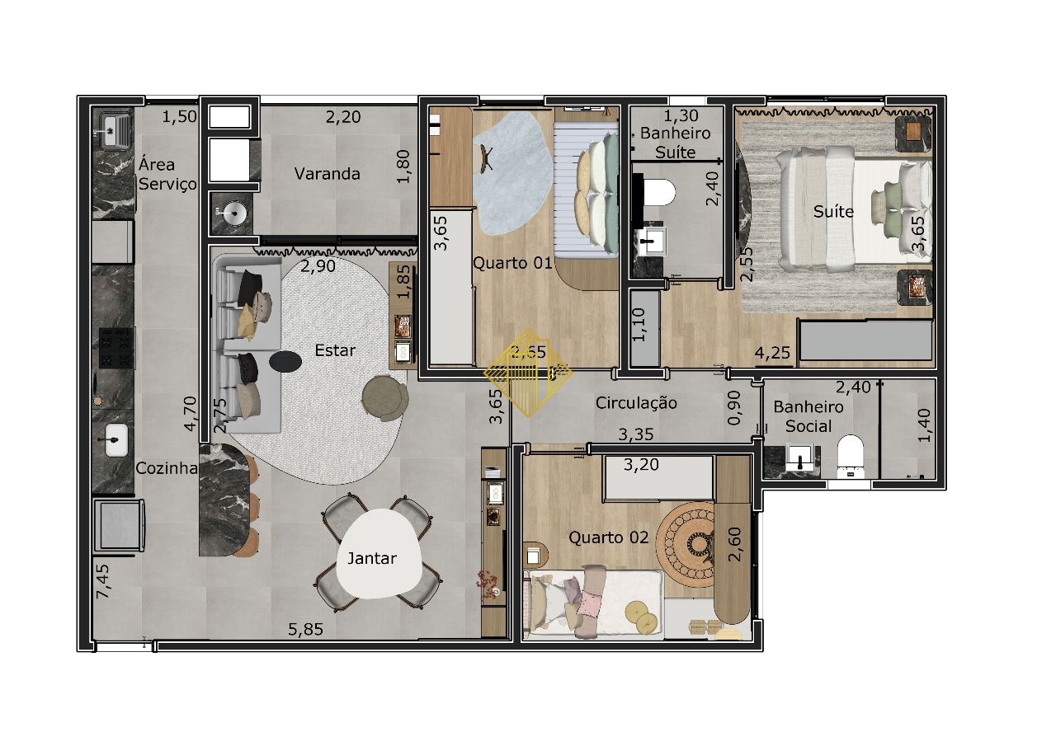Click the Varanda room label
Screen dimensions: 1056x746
[328, 174]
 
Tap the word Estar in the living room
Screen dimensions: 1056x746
[335, 350]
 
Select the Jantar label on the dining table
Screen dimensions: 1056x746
[372, 559]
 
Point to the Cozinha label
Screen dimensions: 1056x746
[167, 468]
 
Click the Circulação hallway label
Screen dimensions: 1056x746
[636, 403]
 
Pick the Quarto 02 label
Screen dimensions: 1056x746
[609, 537]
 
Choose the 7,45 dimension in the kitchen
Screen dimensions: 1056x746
[103, 582]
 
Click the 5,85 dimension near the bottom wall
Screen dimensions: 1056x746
[306, 629]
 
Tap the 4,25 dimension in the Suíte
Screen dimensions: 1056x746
[772, 353]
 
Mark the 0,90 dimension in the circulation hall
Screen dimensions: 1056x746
[735, 408]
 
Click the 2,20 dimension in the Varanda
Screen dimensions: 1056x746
[343, 117]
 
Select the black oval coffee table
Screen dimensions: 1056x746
[285, 362]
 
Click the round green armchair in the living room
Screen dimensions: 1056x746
[385, 398]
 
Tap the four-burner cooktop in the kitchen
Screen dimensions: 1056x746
[116, 348]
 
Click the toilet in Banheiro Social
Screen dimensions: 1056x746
[851, 455]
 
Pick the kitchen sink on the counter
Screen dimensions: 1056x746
[116, 440]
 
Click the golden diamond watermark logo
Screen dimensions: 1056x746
[528, 373]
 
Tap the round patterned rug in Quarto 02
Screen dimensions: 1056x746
[686, 544]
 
